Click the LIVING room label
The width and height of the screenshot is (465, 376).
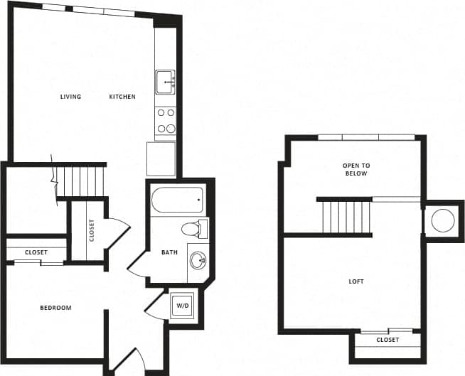point(70,97)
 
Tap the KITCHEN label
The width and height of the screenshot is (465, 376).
point(122,97)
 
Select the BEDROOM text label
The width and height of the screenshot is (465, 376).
point(55,308)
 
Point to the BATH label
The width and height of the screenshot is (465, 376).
point(169,252)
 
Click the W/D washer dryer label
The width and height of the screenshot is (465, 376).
point(183,306)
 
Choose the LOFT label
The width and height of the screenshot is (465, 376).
point(356,281)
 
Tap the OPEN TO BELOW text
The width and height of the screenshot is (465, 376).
point(356,169)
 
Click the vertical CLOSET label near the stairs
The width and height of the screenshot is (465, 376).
point(92,230)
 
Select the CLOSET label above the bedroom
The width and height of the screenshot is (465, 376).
point(36,252)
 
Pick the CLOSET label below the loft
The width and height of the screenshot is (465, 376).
point(387,340)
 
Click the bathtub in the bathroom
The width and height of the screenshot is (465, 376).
point(177,199)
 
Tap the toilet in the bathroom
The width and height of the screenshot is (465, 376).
point(192,230)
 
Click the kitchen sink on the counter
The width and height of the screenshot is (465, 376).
point(166,82)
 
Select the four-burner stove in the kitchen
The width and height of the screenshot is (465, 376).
point(166,120)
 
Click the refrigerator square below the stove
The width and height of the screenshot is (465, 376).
point(161,159)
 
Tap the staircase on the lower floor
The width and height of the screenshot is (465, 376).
point(80,181)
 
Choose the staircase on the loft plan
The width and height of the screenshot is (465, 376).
point(346,217)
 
